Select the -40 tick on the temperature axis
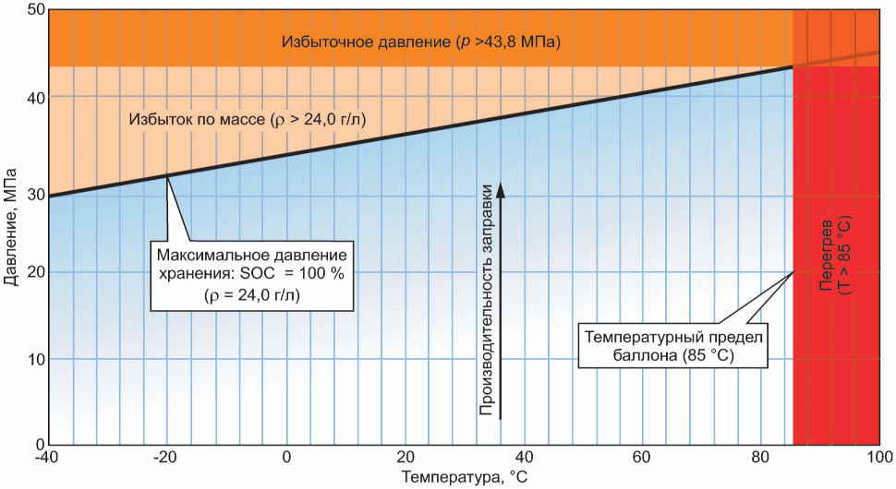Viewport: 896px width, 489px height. click(x=48, y=459)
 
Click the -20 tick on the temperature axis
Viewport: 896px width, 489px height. click(x=166, y=459)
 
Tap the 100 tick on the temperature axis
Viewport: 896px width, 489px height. click(x=878, y=459)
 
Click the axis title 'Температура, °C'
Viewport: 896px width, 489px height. click(x=462, y=478)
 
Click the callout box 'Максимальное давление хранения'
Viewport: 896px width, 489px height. click(x=250, y=274)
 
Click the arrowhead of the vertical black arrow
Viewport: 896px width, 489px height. click(x=501, y=191)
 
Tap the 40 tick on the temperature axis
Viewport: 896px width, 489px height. click(x=525, y=459)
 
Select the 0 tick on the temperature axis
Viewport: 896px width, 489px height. click(x=287, y=459)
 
